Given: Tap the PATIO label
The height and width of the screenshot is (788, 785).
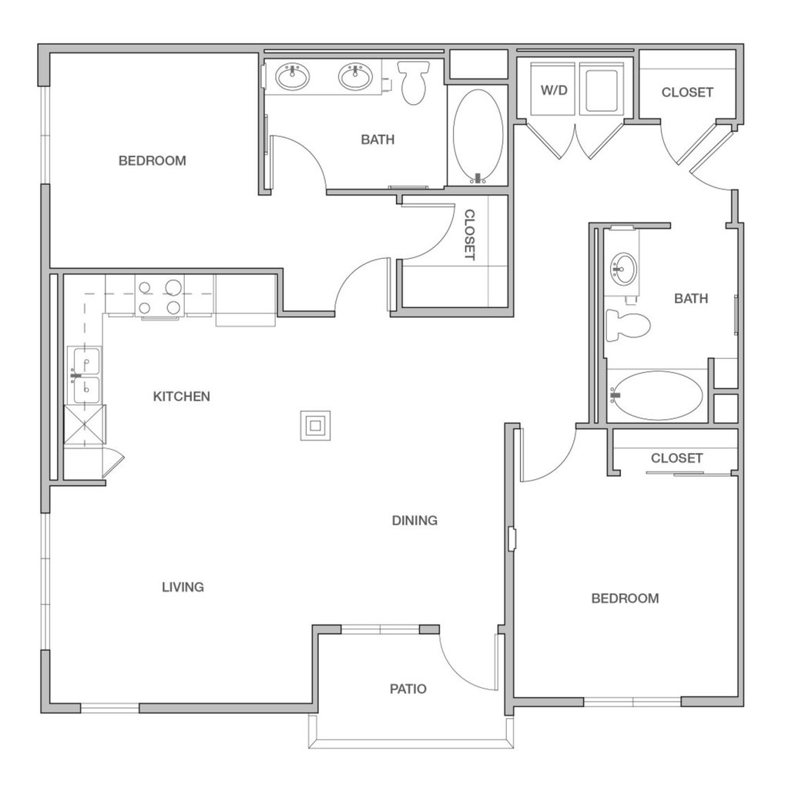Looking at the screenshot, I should click(x=408, y=689).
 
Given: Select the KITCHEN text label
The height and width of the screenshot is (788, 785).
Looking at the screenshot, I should click(x=182, y=397).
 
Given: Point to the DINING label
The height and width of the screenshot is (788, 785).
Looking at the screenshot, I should click(x=414, y=520).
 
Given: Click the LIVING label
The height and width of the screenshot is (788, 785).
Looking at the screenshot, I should click(x=183, y=587).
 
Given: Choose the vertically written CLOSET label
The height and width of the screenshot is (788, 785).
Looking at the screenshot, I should click(x=469, y=235).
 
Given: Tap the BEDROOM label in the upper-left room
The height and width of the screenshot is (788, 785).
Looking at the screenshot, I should click(x=153, y=160).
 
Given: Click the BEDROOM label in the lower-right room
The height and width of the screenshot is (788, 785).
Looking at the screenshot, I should click(x=625, y=598).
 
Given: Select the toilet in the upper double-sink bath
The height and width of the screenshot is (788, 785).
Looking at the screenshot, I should click(x=413, y=82).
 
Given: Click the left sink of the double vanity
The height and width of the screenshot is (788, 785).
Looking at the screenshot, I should click(x=293, y=77).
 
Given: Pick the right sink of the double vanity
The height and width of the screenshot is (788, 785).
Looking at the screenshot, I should click(x=355, y=77).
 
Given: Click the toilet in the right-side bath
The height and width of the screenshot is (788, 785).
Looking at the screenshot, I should click(x=627, y=324).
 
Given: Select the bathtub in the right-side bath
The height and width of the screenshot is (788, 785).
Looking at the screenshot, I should click(x=657, y=395).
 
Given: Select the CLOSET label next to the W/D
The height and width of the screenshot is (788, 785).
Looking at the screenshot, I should click(x=687, y=92).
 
